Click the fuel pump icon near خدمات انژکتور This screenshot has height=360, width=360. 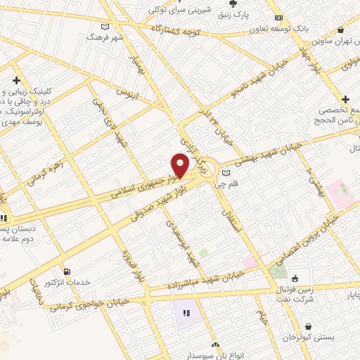tap(67, 271)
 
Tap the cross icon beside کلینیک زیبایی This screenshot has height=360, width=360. tap(15, 81)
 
